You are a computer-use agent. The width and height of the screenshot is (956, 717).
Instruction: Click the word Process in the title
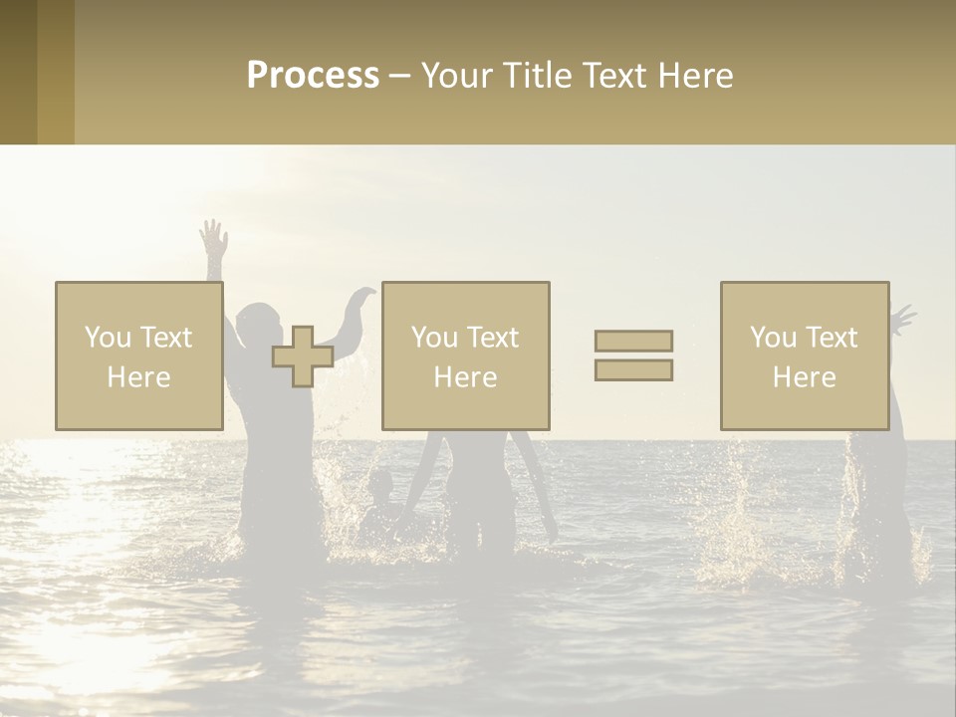pos(313,76)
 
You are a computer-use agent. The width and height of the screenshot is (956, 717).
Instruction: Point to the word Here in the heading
pos(693,76)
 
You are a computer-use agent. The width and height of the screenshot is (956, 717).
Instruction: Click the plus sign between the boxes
pos(303,357)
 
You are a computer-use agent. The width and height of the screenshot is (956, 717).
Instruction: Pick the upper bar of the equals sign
pos(633,341)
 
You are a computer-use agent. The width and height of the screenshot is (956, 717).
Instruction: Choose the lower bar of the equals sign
pos(633,369)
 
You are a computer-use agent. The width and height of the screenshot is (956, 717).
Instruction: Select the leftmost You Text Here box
pos(138,356)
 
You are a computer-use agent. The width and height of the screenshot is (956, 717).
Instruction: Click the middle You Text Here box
pos(465,356)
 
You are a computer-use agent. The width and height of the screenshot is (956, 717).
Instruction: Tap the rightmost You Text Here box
pos(804,356)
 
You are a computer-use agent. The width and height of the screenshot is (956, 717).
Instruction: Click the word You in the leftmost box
pos(107,338)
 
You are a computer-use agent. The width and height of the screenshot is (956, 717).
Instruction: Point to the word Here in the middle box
pos(465,376)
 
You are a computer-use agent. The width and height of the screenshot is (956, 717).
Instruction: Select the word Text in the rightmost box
pos(831,338)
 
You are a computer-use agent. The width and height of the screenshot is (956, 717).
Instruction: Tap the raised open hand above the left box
pos(213,239)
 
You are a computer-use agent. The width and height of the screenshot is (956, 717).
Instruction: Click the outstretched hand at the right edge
pos(902,319)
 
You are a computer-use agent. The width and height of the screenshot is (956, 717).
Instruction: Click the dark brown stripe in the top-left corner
pos(18,72)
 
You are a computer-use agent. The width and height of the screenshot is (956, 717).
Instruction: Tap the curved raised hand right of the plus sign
pos(360,297)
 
